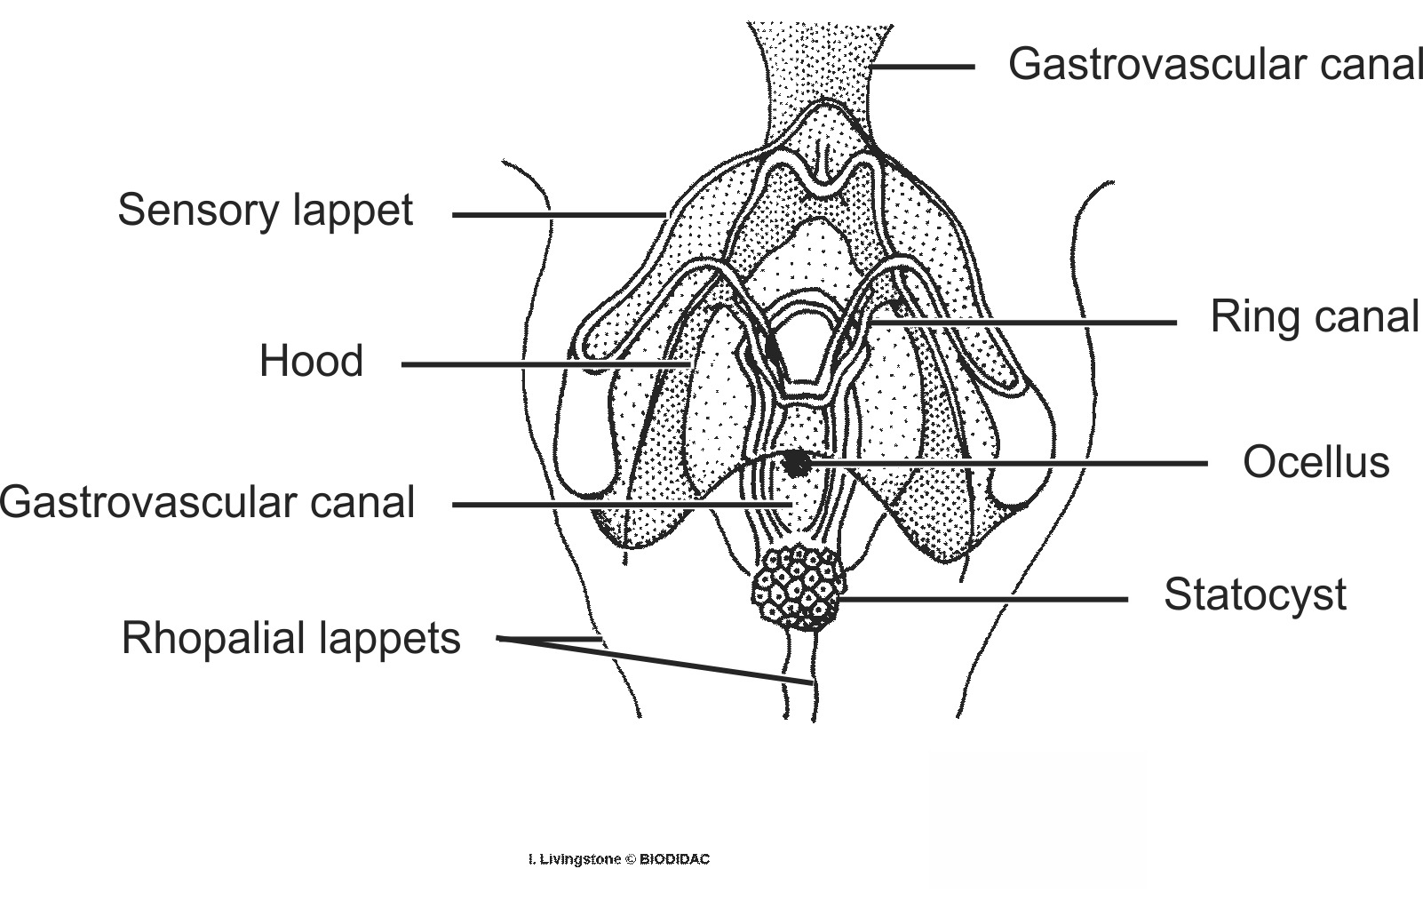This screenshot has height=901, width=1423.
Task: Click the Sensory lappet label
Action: (265, 211)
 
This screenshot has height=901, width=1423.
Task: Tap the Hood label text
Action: (311, 362)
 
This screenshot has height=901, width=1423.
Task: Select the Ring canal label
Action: (1315, 317)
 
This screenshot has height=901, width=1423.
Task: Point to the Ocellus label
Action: (1316, 462)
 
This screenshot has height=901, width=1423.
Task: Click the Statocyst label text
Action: (1254, 594)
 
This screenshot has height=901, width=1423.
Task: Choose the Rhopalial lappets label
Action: (290, 638)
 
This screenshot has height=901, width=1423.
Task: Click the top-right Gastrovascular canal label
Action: (1214, 64)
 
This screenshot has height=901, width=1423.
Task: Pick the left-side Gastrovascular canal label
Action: (207, 502)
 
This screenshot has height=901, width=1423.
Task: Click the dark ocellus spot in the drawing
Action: (796, 461)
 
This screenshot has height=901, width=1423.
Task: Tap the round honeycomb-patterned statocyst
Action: (797, 587)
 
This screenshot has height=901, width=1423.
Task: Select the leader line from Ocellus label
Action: (1004, 463)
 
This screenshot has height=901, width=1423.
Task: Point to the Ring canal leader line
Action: (1022, 323)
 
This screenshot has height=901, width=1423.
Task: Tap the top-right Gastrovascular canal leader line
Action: (924, 67)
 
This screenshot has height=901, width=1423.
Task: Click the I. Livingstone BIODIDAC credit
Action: (618, 859)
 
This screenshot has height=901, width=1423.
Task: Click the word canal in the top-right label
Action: (1371, 64)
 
